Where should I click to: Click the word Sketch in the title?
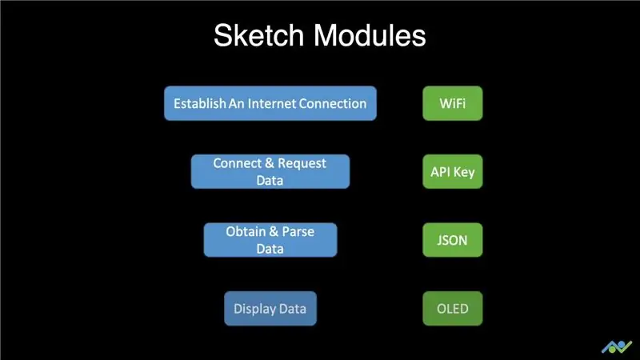pyautogui.click(x=258, y=35)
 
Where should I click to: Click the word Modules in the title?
pyautogui.click(x=370, y=35)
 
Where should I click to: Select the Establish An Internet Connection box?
pyautogui.click(x=270, y=103)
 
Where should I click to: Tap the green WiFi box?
pyautogui.click(x=453, y=103)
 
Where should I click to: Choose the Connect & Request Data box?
pyautogui.click(x=270, y=171)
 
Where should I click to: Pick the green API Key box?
pyautogui.click(x=453, y=171)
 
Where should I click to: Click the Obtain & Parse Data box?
pyautogui.click(x=270, y=240)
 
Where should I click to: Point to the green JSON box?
pyautogui.click(x=453, y=240)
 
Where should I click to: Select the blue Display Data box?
pyautogui.click(x=270, y=309)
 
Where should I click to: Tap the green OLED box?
pyautogui.click(x=453, y=309)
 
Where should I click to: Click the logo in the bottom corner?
pyautogui.click(x=617, y=347)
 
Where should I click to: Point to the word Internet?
pyautogui.click(x=271, y=103)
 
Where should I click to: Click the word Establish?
pyautogui.click(x=200, y=103)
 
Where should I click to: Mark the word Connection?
pyautogui.click(x=333, y=103)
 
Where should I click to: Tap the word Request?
pyautogui.click(x=302, y=164)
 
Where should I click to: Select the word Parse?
pyautogui.click(x=298, y=231)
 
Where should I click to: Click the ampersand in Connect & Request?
pyautogui.click(x=270, y=163)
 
